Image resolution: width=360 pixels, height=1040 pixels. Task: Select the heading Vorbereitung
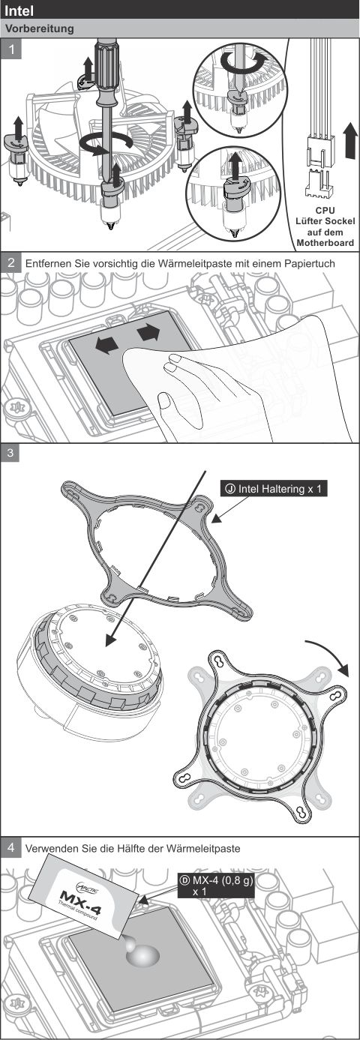click(40, 28)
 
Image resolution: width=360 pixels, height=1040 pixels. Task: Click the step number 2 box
click(11, 262)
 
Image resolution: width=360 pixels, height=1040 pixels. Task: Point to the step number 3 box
click(10, 453)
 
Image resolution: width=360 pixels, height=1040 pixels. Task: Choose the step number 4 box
click(11, 848)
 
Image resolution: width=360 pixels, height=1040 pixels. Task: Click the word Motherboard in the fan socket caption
click(325, 242)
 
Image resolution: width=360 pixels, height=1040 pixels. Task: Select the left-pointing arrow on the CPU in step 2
click(106, 345)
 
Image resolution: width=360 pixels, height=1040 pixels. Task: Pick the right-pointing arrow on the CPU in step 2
click(148, 332)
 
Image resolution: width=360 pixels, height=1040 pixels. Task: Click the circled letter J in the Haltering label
click(230, 489)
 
